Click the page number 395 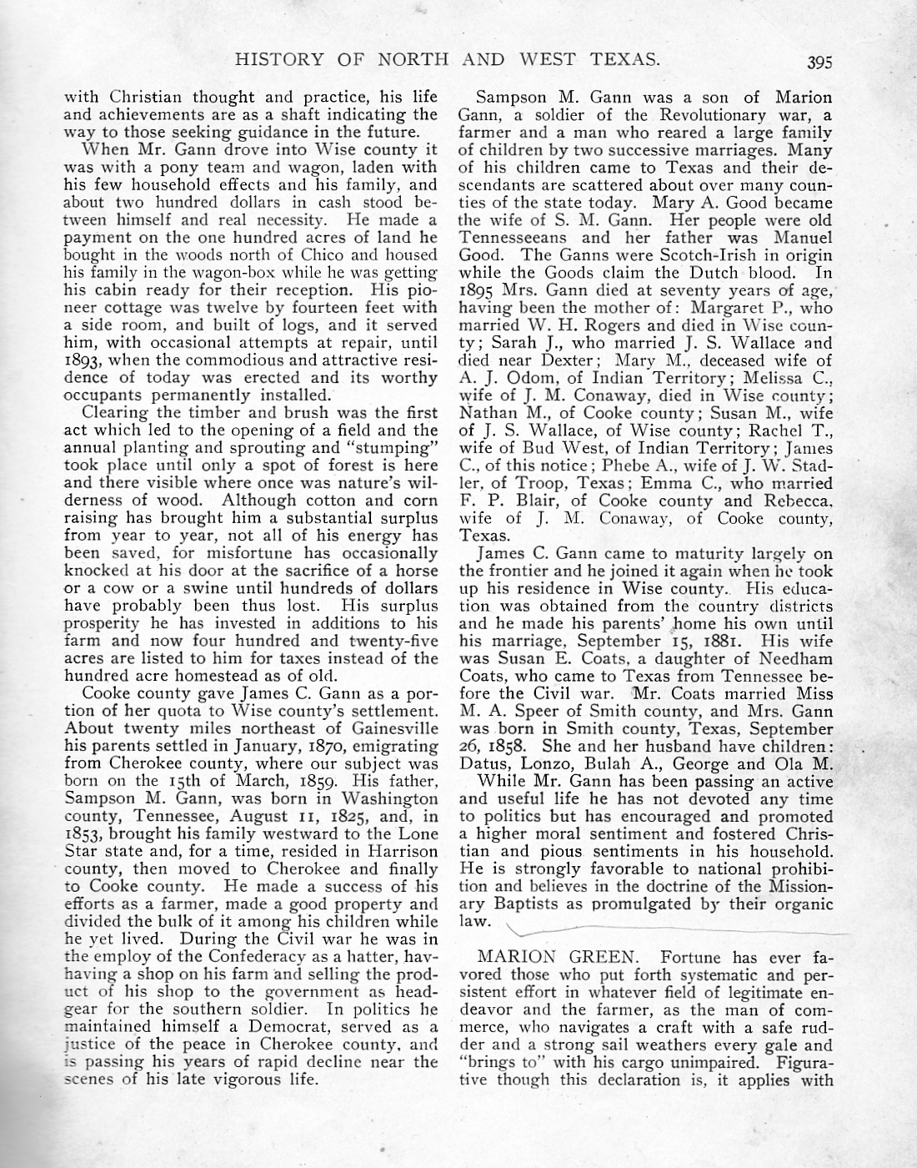[819, 60]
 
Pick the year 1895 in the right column [478, 289]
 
